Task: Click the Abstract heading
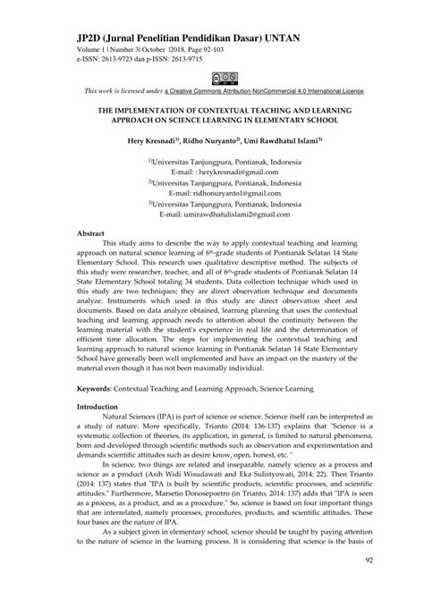coord(90,232)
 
